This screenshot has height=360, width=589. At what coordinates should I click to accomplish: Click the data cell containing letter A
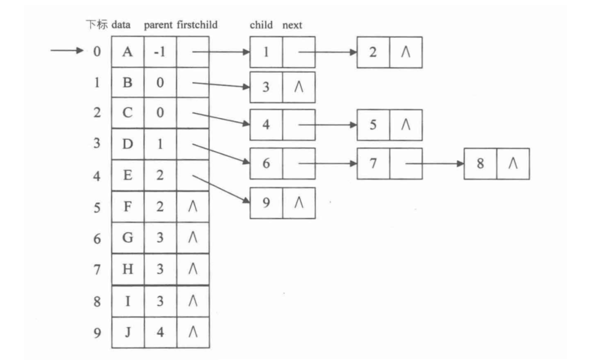click(128, 52)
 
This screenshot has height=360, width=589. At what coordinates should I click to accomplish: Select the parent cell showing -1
click(160, 52)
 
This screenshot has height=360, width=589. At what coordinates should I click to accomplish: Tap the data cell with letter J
click(128, 333)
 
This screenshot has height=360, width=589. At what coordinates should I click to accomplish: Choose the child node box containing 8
click(481, 164)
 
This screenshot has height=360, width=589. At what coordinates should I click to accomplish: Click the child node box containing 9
click(266, 203)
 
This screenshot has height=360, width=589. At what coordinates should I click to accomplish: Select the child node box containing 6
click(266, 164)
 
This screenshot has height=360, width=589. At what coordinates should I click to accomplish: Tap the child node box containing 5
click(373, 125)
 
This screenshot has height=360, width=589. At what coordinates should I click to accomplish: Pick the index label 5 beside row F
click(97, 208)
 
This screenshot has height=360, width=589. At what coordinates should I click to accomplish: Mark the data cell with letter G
click(128, 239)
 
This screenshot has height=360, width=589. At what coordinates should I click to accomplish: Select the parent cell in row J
click(160, 333)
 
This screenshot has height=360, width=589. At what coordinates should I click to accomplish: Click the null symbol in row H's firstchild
click(193, 270)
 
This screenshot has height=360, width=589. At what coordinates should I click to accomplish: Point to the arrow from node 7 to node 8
click(434, 164)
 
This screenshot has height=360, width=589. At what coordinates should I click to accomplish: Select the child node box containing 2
click(373, 52)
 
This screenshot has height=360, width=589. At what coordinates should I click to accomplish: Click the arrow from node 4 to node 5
click(326, 125)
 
